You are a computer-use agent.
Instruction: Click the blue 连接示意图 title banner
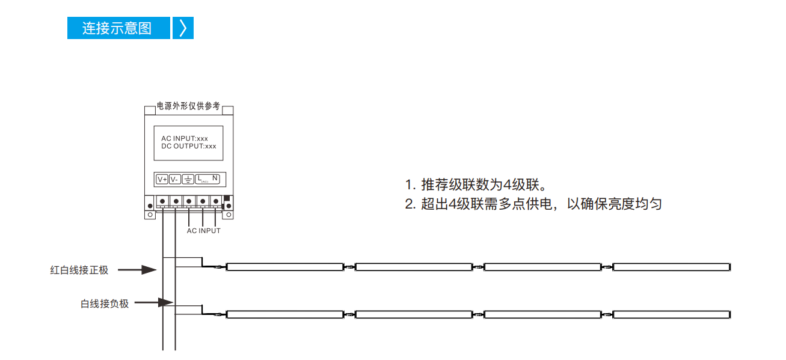pyautogui.click(x=118, y=28)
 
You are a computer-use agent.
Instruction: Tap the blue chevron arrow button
pyautogui.click(x=183, y=28)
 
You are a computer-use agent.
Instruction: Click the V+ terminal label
pyautogui.click(x=162, y=180)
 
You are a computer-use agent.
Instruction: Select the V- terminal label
pyautogui.click(x=175, y=180)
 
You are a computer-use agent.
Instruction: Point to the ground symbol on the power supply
pyautogui.click(x=188, y=180)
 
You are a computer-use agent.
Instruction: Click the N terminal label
pyautogui.click(x=215, y=178)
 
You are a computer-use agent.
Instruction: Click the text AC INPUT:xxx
pyautogui.click(x=185, y=138)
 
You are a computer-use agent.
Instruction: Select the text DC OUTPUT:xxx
pyautogui.click(x=189, y=146)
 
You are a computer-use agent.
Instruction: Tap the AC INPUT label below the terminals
pyautogui.click(x=203, y=231)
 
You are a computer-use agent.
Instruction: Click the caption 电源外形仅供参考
pyautogui.click(x=188, y=106)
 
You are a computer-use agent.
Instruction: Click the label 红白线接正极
pyautogui.click(x=79, y=270)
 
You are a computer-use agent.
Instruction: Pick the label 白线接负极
pyautogui.click(x=105, y=304)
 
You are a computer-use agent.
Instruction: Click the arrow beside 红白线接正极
pyautogui.click(x=137, y=270)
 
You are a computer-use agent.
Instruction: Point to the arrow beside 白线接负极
pyautogui.click(x=154, y=302)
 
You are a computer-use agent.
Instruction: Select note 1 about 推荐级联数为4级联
pyautogui.click(x=476, y=185)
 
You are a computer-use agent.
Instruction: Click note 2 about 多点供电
pyautogui.click(x=533, y=204)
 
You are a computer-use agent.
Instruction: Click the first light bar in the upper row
pyautogui.click(x=284, y=267)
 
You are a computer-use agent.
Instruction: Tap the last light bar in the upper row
pyautogui.click(x=672, y=267)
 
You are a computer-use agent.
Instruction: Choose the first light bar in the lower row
pyautogui.click(x=284, y=314)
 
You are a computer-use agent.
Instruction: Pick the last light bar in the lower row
pyautogui.click(x=672, y=314)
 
